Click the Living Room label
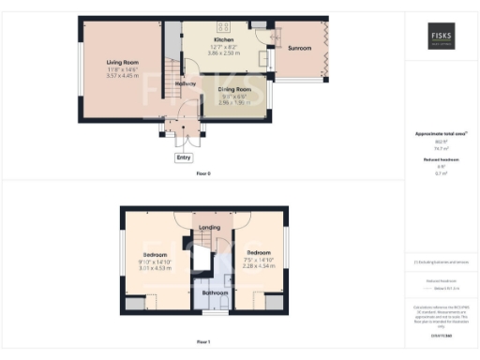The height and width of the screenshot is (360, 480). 122,63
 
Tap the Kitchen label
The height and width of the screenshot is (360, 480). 223,40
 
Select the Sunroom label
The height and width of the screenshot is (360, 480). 300,48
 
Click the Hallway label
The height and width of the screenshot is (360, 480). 185,84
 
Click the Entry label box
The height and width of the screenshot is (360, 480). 183,157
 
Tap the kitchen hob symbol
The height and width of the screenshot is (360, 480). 224,25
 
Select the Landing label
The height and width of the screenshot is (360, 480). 210,228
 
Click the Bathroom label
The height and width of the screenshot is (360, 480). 215,293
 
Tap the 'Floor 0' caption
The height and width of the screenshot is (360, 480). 203,174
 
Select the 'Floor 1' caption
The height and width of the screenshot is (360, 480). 203,342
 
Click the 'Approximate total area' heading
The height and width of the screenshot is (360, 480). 440,134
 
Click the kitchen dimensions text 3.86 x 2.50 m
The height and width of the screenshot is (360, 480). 223,53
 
